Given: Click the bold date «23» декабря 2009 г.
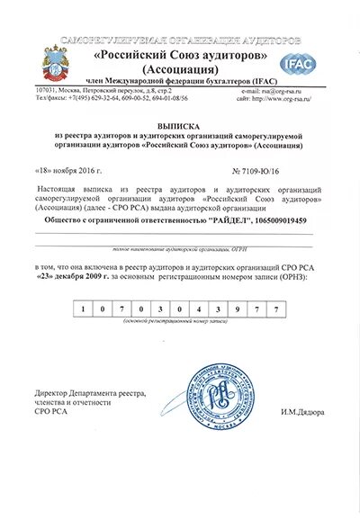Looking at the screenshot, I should (85, 277).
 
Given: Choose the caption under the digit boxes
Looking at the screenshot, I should (180, 321).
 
